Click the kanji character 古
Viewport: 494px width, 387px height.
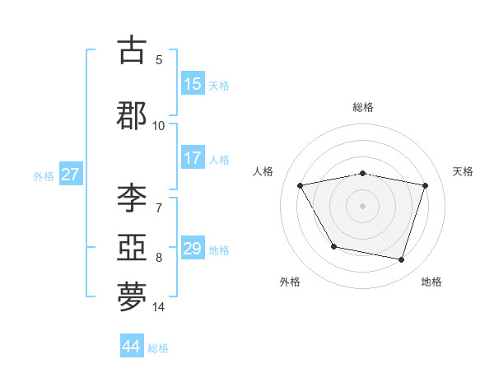pyautogui.click(x=133, y=50)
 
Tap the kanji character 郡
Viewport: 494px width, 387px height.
pyautogui.click(x=133, y=115)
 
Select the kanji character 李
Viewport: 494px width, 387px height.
pyautogui.click(x=133, y=198)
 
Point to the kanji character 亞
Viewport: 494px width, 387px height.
pyautogui.click(x=133, y=248)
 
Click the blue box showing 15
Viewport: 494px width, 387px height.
pyautogui.click(x=193, y=84)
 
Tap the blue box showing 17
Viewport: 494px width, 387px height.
pyautogui.click(x=193, y=159)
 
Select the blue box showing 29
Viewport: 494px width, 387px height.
pyautogui.click(x=193, y=249)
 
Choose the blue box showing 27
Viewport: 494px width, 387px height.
pyautogui.click(x=70, y=175)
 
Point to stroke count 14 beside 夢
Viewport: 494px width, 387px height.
pyautogui.click(x=159, y=307)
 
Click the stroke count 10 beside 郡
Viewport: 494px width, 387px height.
pyautogui.click(x=159, y=125)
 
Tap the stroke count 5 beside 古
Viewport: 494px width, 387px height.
pyautogui.click(x=159, y=59)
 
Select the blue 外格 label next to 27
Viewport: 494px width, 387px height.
pyautogui.click(x=44, y=175)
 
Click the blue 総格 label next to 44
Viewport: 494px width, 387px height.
pyautogui.click(x=158, y=347)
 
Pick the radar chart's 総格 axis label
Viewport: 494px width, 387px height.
pyautogui.click(x=363, y=107)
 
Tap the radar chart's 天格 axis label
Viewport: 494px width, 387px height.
pyautogui.click(x=464, y=171)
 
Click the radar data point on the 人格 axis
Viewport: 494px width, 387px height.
pyautogui.click(x=301, y=185)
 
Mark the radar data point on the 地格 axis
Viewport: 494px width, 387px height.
pyautogui.click(x=401, y=260)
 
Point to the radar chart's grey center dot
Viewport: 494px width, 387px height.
pyautogui.click(x=363, y=205)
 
